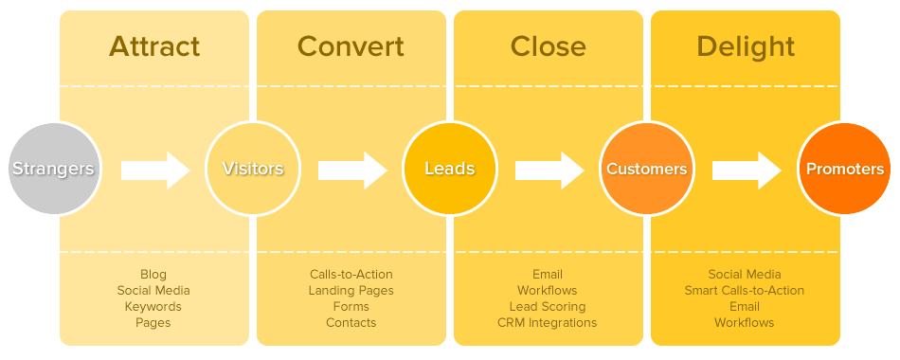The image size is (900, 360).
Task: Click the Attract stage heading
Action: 154,46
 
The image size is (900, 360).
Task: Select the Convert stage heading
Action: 351,46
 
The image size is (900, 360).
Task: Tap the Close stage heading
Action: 548,46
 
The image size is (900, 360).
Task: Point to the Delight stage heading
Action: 745,46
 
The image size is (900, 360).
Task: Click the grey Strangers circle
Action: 53,170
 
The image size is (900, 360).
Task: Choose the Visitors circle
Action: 252,170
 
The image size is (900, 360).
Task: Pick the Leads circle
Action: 449,170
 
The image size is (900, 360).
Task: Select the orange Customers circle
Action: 646,170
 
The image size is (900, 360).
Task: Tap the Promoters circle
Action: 844,170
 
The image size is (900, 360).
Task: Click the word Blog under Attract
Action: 153,275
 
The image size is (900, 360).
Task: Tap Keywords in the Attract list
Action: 153,307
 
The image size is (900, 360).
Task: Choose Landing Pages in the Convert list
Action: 351,291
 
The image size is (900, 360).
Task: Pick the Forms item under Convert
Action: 351,307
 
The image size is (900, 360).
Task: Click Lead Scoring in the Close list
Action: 548,307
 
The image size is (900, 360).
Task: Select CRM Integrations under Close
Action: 548,323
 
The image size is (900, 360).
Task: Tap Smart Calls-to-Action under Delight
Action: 745,291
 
